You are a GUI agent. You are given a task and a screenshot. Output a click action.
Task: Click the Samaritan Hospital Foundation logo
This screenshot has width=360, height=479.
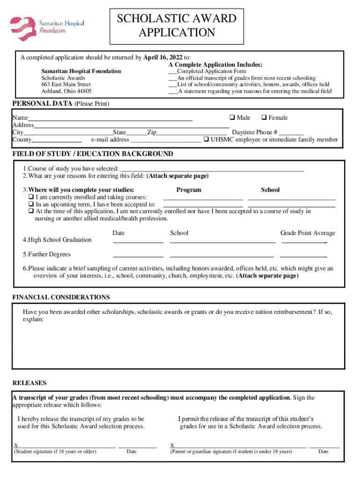tap(47, 28)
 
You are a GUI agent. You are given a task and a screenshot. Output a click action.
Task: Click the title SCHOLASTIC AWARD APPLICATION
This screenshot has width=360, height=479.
tap(176, 26)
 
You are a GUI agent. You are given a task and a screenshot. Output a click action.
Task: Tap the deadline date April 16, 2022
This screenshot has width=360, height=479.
tap(163, 58)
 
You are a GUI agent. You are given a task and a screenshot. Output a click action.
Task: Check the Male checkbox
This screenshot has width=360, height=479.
tap(231, 118)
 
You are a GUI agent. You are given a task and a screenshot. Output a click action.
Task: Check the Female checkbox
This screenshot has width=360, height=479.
tap(263, 118)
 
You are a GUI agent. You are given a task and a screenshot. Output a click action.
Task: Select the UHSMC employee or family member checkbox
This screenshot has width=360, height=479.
tap(206, 139)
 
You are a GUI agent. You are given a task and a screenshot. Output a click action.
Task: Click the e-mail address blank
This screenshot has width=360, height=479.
tap(166, 140)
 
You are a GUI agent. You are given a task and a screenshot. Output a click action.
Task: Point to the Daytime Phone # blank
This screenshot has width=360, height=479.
tap(291, 133)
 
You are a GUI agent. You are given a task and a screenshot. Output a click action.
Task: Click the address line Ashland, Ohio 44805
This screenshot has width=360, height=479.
tap(66, 91)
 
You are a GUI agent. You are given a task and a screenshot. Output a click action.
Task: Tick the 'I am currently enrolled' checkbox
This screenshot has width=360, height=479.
tap(31, 197)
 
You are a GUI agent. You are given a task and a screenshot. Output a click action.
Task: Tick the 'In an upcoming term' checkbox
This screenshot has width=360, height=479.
tap(31, 204)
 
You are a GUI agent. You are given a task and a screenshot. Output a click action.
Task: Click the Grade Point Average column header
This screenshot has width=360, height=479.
tap(307, 233)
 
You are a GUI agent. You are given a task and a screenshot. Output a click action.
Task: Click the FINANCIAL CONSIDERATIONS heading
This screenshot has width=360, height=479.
tap(61, 297)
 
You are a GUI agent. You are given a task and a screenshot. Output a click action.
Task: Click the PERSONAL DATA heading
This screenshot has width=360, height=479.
tap(43, 103)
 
